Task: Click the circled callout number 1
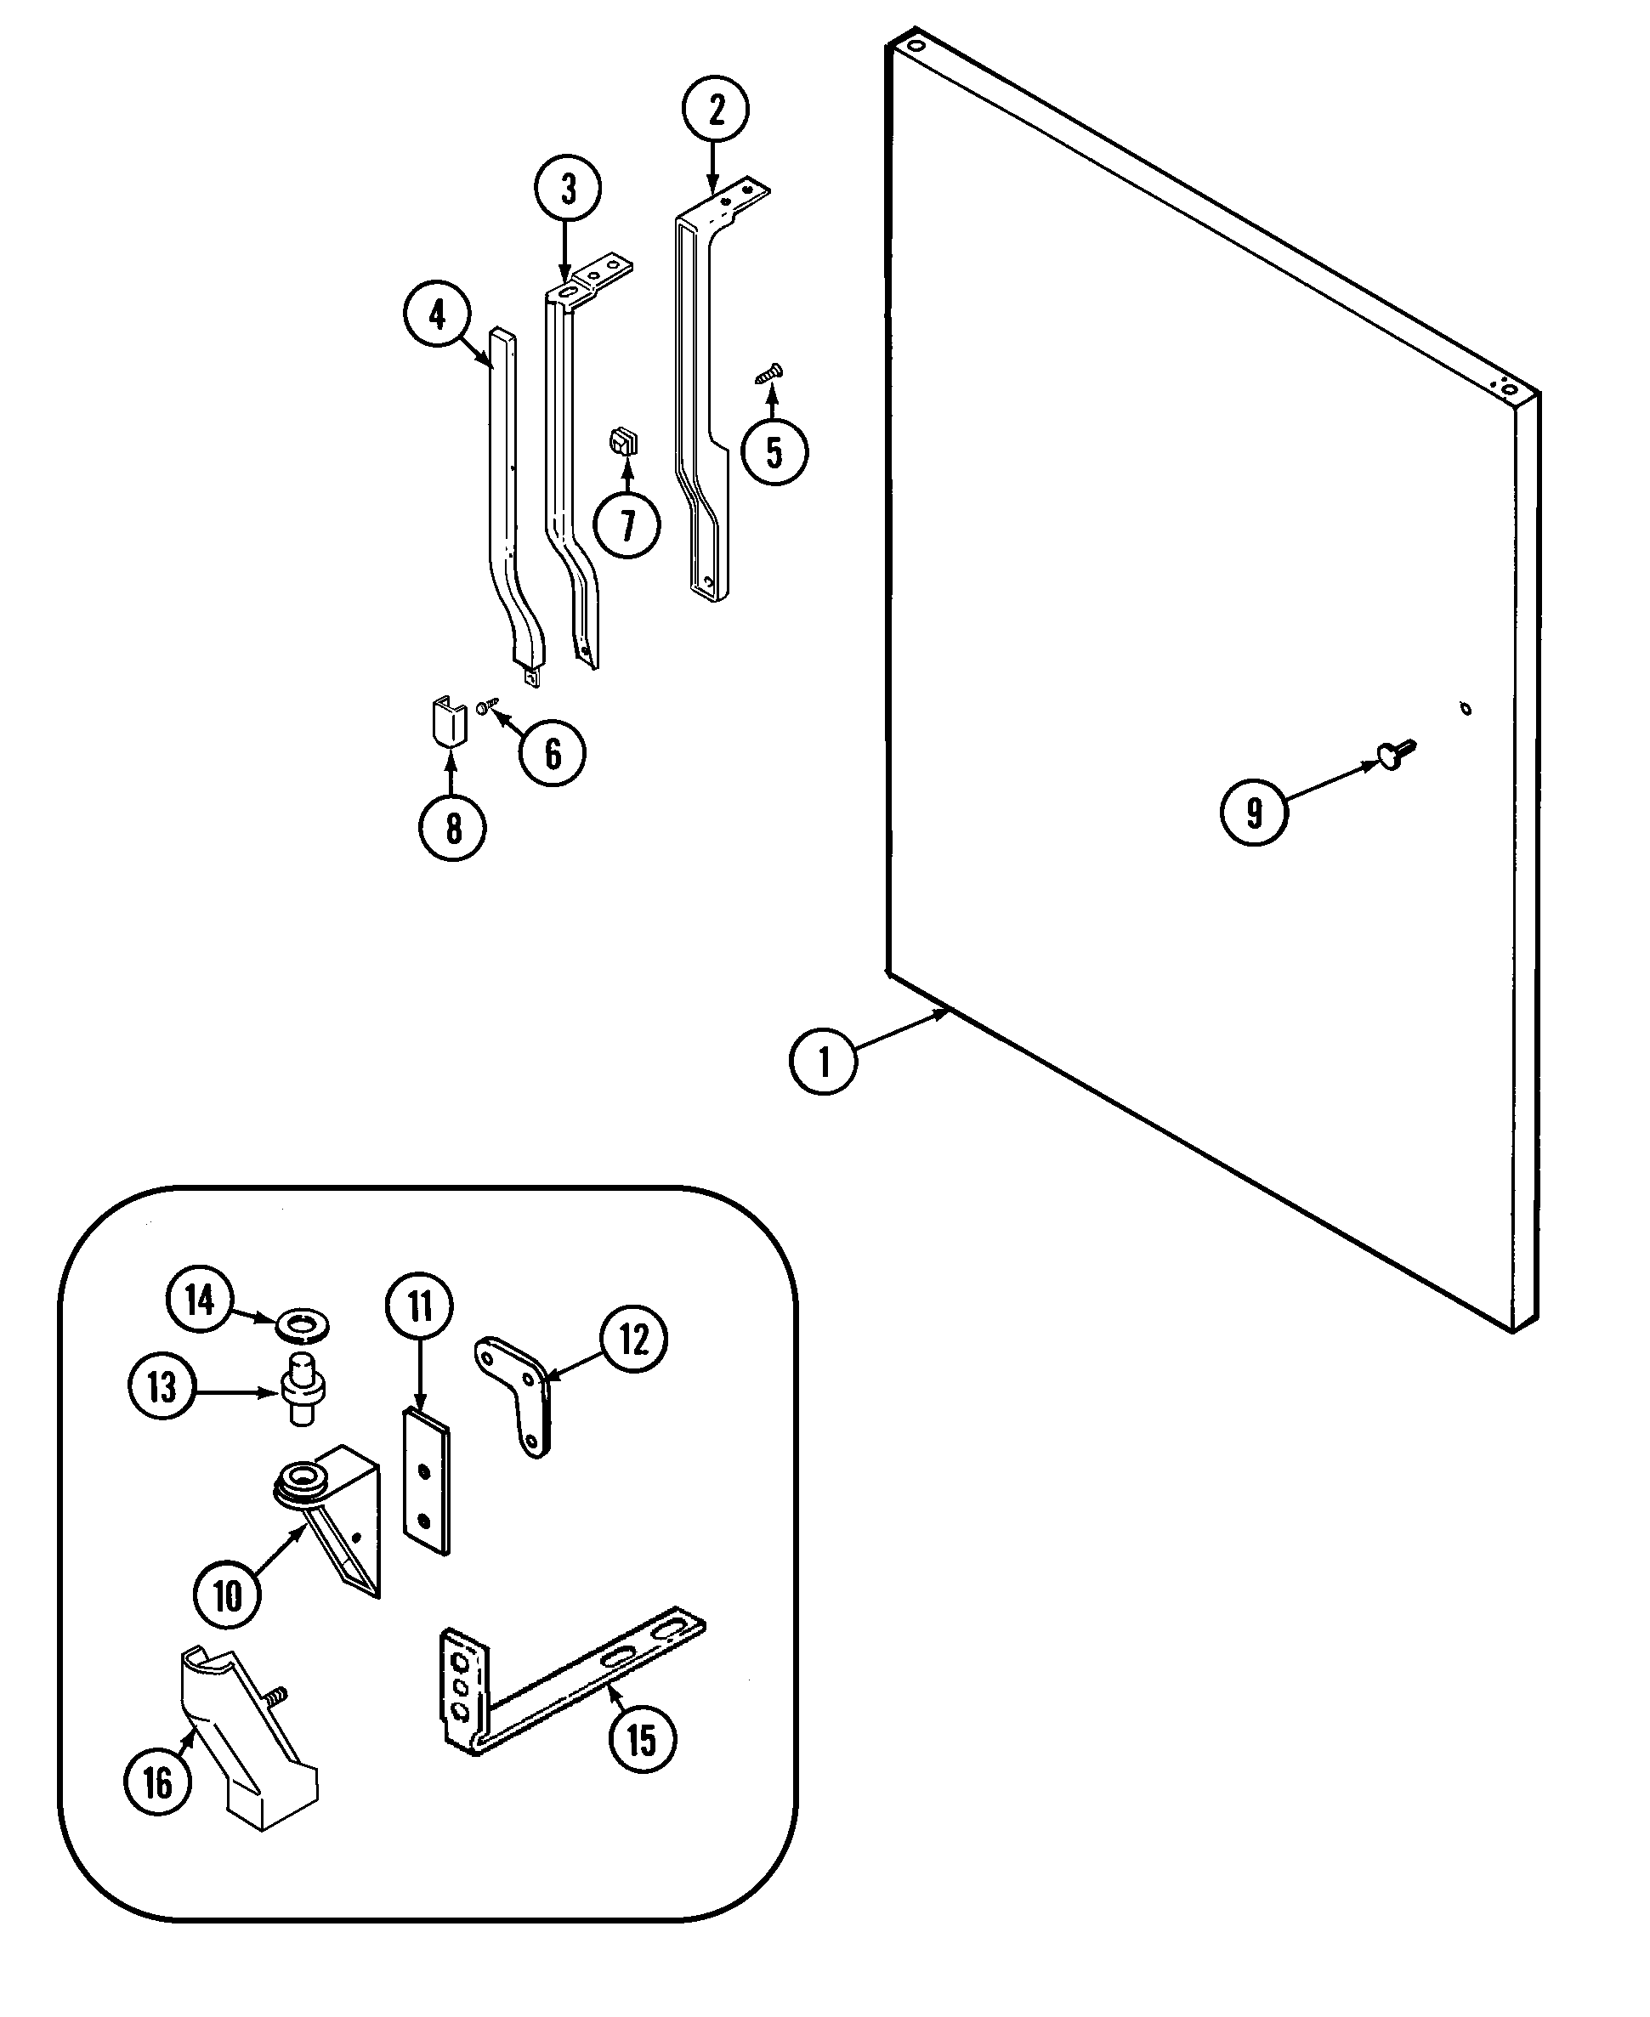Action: point(823,1061)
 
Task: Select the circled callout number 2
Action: point(716,110)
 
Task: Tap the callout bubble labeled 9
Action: point(1254,813)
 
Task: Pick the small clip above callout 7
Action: point(623,442)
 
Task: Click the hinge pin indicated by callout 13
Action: point(303,1390)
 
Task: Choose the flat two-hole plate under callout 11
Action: point(426,1483)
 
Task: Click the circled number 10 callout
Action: point(227,1597)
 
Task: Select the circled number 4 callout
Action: point(437,314)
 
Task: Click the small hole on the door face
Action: point(1466,709)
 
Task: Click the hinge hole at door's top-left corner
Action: point(916,46)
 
